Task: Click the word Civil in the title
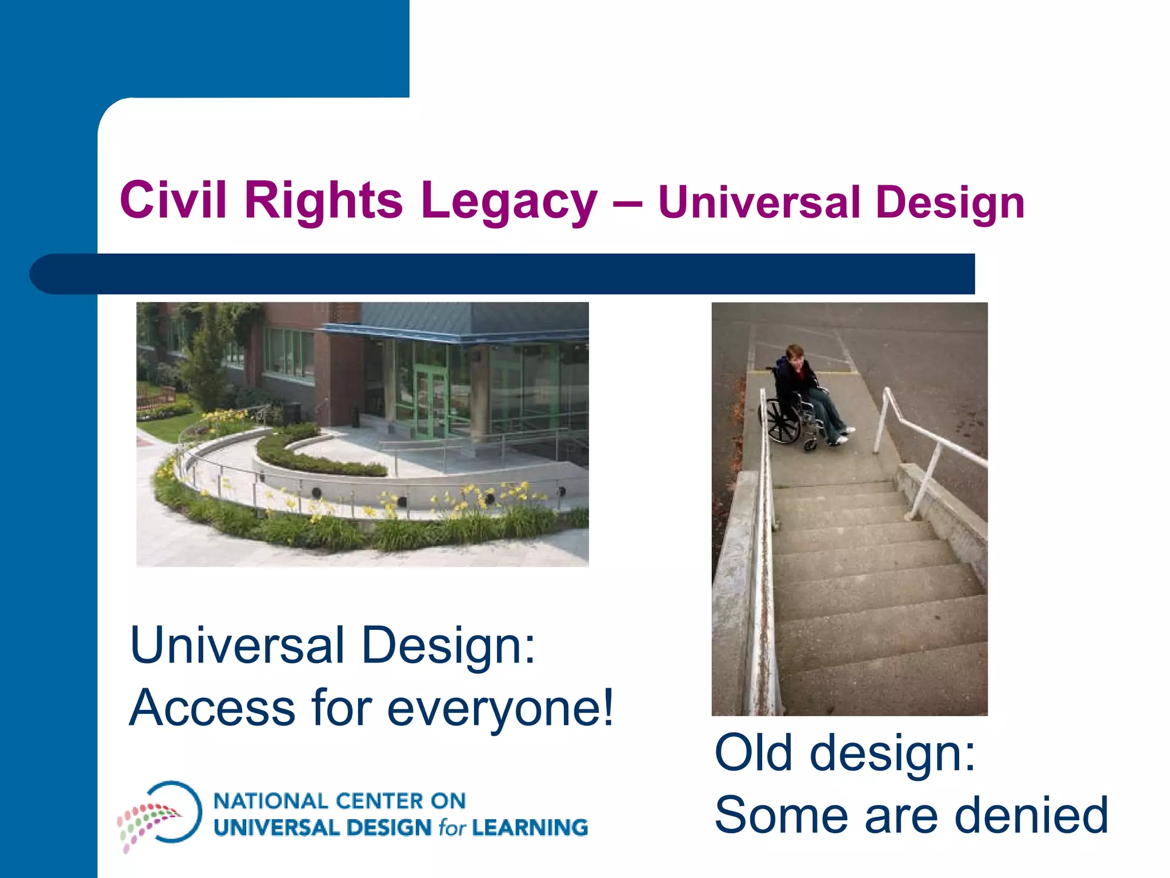(173, 200)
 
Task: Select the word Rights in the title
(323, 200)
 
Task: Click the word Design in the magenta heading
(949, 203)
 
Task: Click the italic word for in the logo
(452, 828)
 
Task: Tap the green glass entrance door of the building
(430, 400)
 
